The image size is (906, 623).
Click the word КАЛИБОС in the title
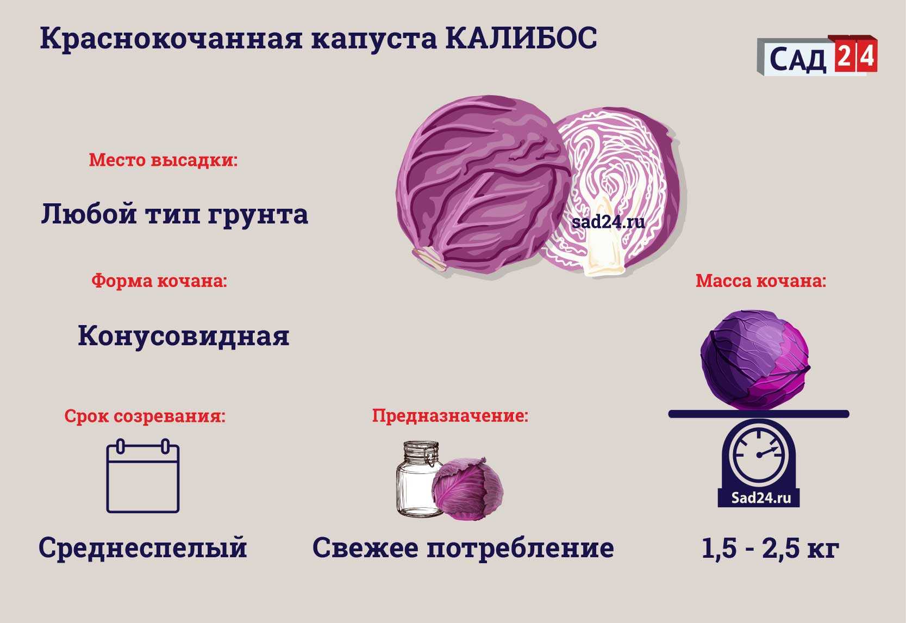521,39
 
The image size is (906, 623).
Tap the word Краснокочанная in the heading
171,39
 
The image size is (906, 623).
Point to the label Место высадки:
163,160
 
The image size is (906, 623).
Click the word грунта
258,214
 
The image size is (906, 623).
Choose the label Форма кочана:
159,281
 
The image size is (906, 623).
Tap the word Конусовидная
184,336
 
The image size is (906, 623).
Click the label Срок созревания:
145,416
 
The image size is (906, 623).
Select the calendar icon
143,476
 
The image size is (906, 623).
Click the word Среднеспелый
143,548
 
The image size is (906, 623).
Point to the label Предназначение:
450,416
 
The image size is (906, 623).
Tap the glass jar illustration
418,479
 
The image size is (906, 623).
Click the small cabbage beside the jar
467,489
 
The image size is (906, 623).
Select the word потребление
521,549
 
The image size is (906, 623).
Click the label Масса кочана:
761,281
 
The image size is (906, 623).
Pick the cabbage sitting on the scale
755,360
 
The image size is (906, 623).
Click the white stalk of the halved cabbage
605,242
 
